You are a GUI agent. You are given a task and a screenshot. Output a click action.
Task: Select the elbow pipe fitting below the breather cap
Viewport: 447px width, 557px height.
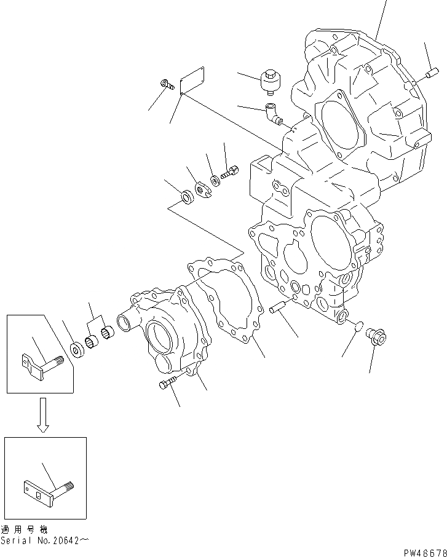[x=272, y=114]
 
